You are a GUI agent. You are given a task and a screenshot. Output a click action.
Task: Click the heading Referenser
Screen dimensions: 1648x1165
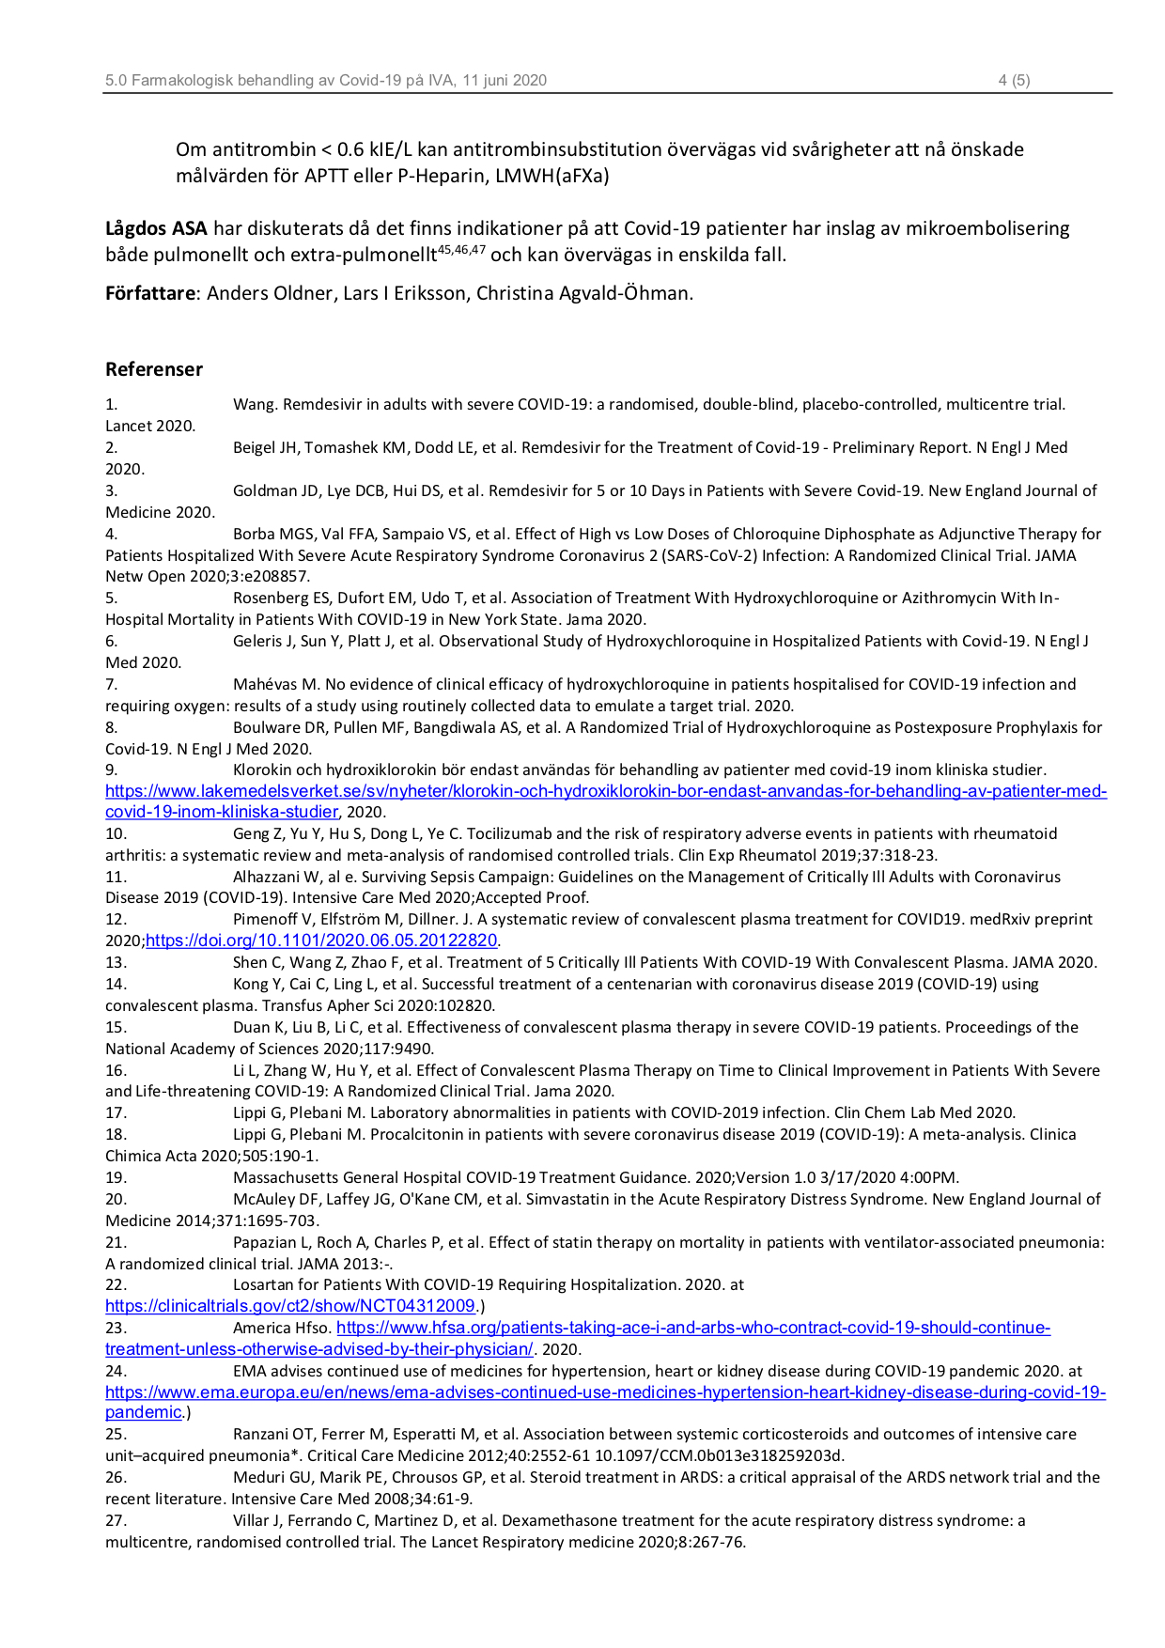(154, 369)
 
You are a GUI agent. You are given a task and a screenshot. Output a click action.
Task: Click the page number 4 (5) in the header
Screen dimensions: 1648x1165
(1014, 81)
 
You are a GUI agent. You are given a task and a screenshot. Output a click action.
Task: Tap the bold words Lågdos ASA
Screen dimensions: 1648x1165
(156, 228)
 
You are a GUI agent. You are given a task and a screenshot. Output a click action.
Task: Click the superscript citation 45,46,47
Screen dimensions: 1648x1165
(461, 250)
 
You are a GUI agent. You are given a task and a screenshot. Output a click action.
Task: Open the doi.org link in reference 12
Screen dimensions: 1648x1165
(320, 941)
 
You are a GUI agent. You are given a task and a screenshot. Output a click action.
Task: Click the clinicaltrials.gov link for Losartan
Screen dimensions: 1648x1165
(290, 1306)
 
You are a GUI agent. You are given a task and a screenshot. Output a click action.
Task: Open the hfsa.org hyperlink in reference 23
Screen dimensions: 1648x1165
(692, 1328)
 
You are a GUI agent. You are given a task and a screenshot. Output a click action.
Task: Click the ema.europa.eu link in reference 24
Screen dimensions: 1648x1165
(605, 1392)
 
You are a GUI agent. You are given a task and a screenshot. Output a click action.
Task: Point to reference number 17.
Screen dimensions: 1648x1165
(116, 1113)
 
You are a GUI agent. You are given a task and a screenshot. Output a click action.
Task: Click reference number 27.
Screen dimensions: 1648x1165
(116, 1520)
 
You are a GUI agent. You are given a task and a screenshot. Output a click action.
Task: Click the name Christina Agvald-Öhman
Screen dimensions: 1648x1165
(583, 293)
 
